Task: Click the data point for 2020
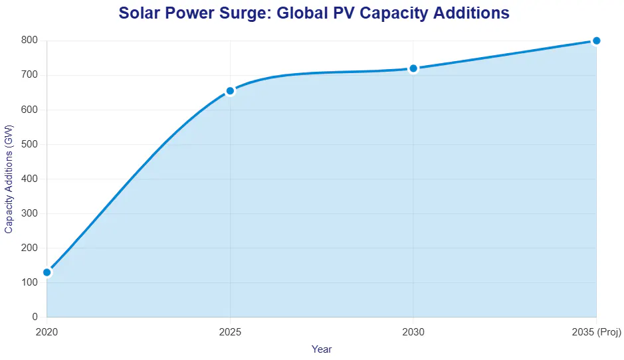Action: [x=47, y=272]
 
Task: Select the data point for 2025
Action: [x=230, y=91]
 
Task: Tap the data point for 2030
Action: [x=413, y=68]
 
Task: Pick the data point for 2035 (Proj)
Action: [x=596, y=41]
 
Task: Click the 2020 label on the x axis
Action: [x=47, y=331]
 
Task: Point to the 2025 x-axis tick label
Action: [x=230, y=331]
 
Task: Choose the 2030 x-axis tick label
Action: [x=413, y=331]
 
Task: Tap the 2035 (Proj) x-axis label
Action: [x=596, y=331]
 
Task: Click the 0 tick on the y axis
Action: [x=35, y=317]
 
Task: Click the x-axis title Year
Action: [x=322, y=349]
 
